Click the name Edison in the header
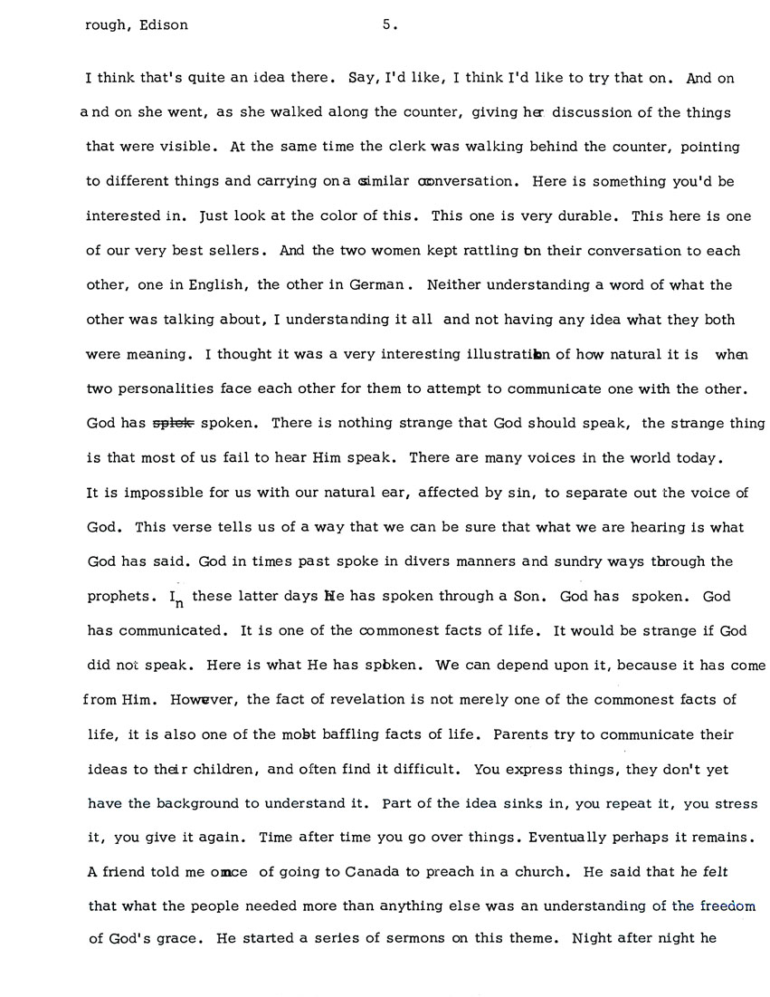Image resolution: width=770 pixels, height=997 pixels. tap(162, 25)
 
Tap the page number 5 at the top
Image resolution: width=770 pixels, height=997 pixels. tap(386, 25)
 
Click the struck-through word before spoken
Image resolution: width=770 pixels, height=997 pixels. tap(171, 423)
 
